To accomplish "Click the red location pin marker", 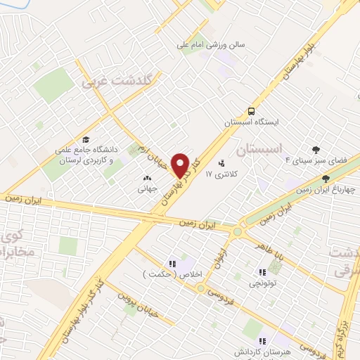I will [181, 165].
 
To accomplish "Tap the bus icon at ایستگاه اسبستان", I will [251, 111].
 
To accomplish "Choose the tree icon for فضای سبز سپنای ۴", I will [316, 149].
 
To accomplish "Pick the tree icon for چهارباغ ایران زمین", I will [325, 179].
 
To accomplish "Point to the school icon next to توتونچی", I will [262, 272].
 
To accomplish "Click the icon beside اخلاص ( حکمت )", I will [172, 263].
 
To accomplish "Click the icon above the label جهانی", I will [147, 179].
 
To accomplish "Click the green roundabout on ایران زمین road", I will [238, 232].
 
